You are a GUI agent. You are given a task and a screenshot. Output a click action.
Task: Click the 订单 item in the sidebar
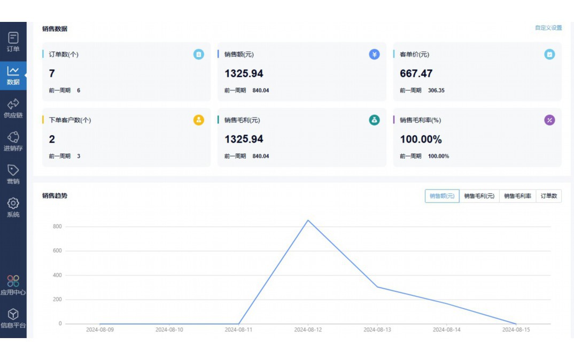coord(13,42)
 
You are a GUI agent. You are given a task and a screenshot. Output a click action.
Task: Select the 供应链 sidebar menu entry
coord(13,108)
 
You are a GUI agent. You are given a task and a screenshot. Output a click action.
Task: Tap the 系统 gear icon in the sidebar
coord(13,204)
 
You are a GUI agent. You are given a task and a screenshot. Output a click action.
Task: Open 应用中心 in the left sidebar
coord(13,285)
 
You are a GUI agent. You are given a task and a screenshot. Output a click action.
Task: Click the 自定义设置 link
coord(548,28)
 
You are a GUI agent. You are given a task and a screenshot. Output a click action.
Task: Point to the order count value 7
coord(52,74)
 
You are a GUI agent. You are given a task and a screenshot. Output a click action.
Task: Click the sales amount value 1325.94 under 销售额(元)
coord(244,74)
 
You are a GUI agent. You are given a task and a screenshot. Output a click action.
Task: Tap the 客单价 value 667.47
coord(416,74)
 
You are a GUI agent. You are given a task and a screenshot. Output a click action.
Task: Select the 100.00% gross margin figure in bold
coord(421,139)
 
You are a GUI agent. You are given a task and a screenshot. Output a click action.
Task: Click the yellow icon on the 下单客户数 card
coord(199,120)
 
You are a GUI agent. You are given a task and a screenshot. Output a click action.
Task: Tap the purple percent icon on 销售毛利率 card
coord(549,120)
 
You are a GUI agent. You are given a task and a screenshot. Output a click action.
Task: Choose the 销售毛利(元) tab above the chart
coord(479,196)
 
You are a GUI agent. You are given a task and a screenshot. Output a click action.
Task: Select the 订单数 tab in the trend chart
coord(548,196)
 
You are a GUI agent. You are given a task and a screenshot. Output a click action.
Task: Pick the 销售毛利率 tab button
coord(517,196)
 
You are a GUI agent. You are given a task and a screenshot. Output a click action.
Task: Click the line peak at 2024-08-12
coord(308,220)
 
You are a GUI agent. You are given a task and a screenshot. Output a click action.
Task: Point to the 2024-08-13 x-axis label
coord(377,330)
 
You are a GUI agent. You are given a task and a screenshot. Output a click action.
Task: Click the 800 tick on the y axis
coord(57,226)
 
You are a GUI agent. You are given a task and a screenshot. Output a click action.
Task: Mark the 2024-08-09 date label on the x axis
coord(100,330)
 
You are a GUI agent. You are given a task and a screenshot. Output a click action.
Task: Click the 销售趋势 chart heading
coord(55,195)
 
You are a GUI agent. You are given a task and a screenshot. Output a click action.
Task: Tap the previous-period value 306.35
coord(436,91)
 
